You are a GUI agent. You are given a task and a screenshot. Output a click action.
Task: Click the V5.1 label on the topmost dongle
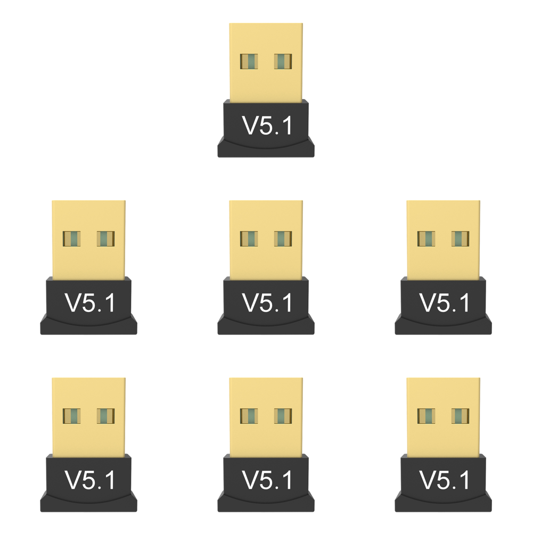click(x=267, y=126)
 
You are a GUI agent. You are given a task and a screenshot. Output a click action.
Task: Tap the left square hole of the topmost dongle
click(x=249, y=62)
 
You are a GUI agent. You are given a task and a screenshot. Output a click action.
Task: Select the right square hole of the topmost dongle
click(x=283, y=62)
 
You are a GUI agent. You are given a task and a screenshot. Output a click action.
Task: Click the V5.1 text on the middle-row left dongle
click(x=89, y=302)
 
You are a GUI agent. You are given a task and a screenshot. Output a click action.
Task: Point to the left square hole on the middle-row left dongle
click(x=71, y=239)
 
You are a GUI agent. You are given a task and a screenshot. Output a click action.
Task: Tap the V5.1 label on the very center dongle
click(x=267, y=302)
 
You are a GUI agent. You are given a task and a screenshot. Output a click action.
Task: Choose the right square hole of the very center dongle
click(x=283, y=239)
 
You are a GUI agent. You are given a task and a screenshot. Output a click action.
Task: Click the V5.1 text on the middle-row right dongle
click(x=444, y=302)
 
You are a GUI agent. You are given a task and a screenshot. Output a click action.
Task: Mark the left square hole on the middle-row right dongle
click(x=427, y=239)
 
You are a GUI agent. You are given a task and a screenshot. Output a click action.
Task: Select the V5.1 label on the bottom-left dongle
click(x=89, y=480)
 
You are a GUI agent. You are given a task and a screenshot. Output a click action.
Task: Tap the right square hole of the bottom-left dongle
click(x=105, y=416)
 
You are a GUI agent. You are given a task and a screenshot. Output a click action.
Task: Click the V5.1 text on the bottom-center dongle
click(x=267, y=480)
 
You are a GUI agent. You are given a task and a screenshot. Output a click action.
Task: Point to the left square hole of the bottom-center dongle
click(x=249, y=416)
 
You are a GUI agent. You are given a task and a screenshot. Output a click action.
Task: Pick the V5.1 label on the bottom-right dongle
click(x=444, y=480)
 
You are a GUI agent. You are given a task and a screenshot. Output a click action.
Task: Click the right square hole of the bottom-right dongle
click(x=460, y=416)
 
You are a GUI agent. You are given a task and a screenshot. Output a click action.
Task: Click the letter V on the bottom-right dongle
click(x=428, y=480)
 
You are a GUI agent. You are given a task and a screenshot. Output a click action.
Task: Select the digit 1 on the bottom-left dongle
click(x=110, y=480)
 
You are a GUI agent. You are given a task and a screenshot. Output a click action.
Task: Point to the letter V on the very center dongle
click(x=250, y=302)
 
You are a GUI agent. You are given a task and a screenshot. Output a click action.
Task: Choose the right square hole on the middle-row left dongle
click(x=105, y=239)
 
